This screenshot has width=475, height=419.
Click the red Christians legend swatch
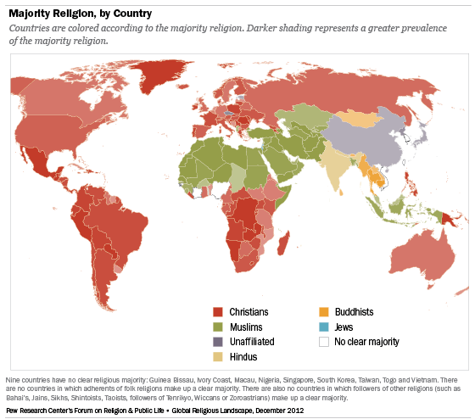click(x=218, y=311)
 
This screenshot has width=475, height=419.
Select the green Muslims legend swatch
click(x=218, y=327)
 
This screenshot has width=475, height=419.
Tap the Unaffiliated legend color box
click(x=218, y=342)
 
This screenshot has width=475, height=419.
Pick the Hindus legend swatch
click(x=218, y=357)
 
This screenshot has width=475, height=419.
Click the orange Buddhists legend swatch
click(x=324, y=311)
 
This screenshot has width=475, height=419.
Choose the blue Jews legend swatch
click(x=324, y=327)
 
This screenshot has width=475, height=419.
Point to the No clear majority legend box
click(x=324, y=342)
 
